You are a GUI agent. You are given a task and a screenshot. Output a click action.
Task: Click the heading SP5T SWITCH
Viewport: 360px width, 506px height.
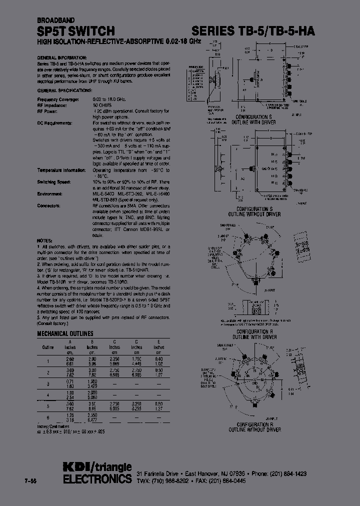(x=76, y=31)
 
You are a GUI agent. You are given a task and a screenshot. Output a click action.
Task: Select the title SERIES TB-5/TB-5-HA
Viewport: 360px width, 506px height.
(x=253, y=31)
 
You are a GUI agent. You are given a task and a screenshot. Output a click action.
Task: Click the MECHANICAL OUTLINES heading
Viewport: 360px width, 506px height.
(x=65, y=333)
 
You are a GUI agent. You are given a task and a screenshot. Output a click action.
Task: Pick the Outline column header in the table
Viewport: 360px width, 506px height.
(x=47, y=347)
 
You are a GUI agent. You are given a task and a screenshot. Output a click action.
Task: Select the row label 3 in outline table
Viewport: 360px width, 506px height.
(x=48, y=384)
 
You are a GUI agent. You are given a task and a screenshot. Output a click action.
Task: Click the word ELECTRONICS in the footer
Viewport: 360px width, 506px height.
(x=97, y=479)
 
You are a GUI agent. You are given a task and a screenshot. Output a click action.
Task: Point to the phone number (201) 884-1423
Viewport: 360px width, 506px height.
(x=288, y=473)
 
